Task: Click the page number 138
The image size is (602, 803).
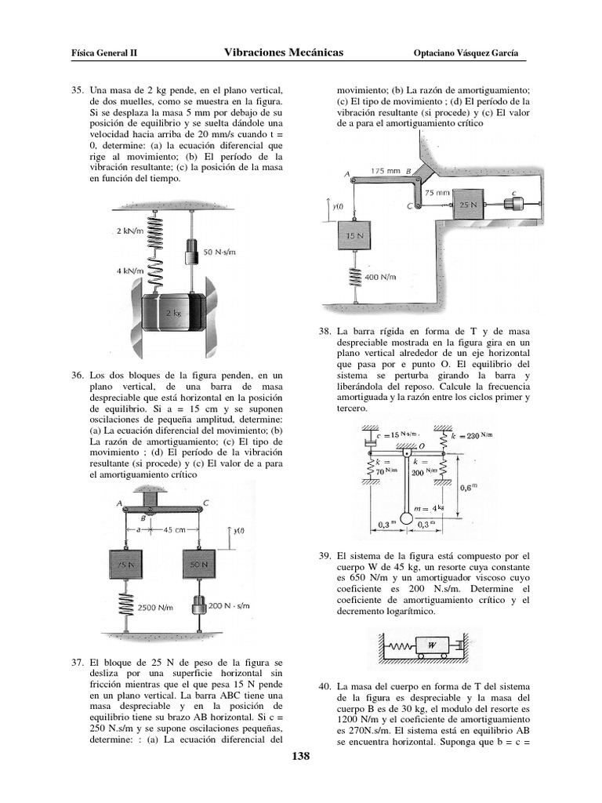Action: click(x=302, y=757)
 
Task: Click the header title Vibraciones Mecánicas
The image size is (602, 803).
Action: click(x=283, y=53)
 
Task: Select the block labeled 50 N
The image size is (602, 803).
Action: click(x=199, y=565)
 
